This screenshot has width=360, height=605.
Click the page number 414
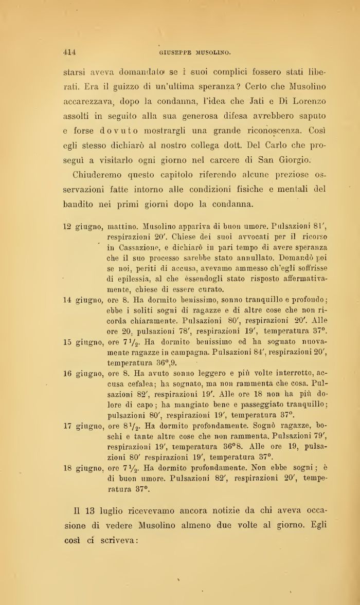69,51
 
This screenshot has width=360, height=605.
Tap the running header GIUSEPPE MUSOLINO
188,52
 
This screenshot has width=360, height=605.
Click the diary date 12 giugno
83,226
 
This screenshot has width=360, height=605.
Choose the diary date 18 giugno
83,458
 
